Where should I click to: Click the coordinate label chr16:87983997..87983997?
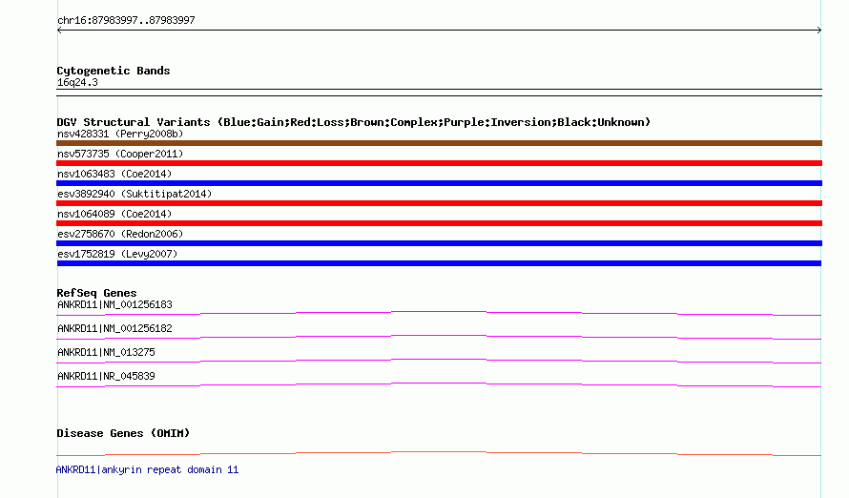[126, 21]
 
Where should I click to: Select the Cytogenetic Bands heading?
[114, 71]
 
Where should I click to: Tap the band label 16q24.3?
[77, 83]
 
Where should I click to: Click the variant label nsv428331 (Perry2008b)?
[120, 134]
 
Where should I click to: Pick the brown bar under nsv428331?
[439, 143]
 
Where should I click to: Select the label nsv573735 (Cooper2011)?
[120, 155]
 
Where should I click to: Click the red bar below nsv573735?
[439, 163]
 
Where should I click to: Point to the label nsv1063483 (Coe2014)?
[114, 175]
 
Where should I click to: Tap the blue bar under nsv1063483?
[439, 183]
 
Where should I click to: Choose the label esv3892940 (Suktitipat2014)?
[135, 195]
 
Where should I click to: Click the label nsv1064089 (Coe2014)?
[114, 215]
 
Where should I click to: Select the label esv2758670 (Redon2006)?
[120, 235]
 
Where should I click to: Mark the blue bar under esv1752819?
[439, 263]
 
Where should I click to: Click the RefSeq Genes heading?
[96, 294]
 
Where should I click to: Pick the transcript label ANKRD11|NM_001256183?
[114, 304]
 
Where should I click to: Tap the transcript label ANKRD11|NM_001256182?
[114, 328]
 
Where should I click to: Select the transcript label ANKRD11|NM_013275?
[106, 352]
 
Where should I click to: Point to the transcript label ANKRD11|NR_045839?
[106, 376]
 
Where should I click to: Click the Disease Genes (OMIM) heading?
[123, 433]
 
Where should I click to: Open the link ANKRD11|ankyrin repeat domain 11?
[147, 469]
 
